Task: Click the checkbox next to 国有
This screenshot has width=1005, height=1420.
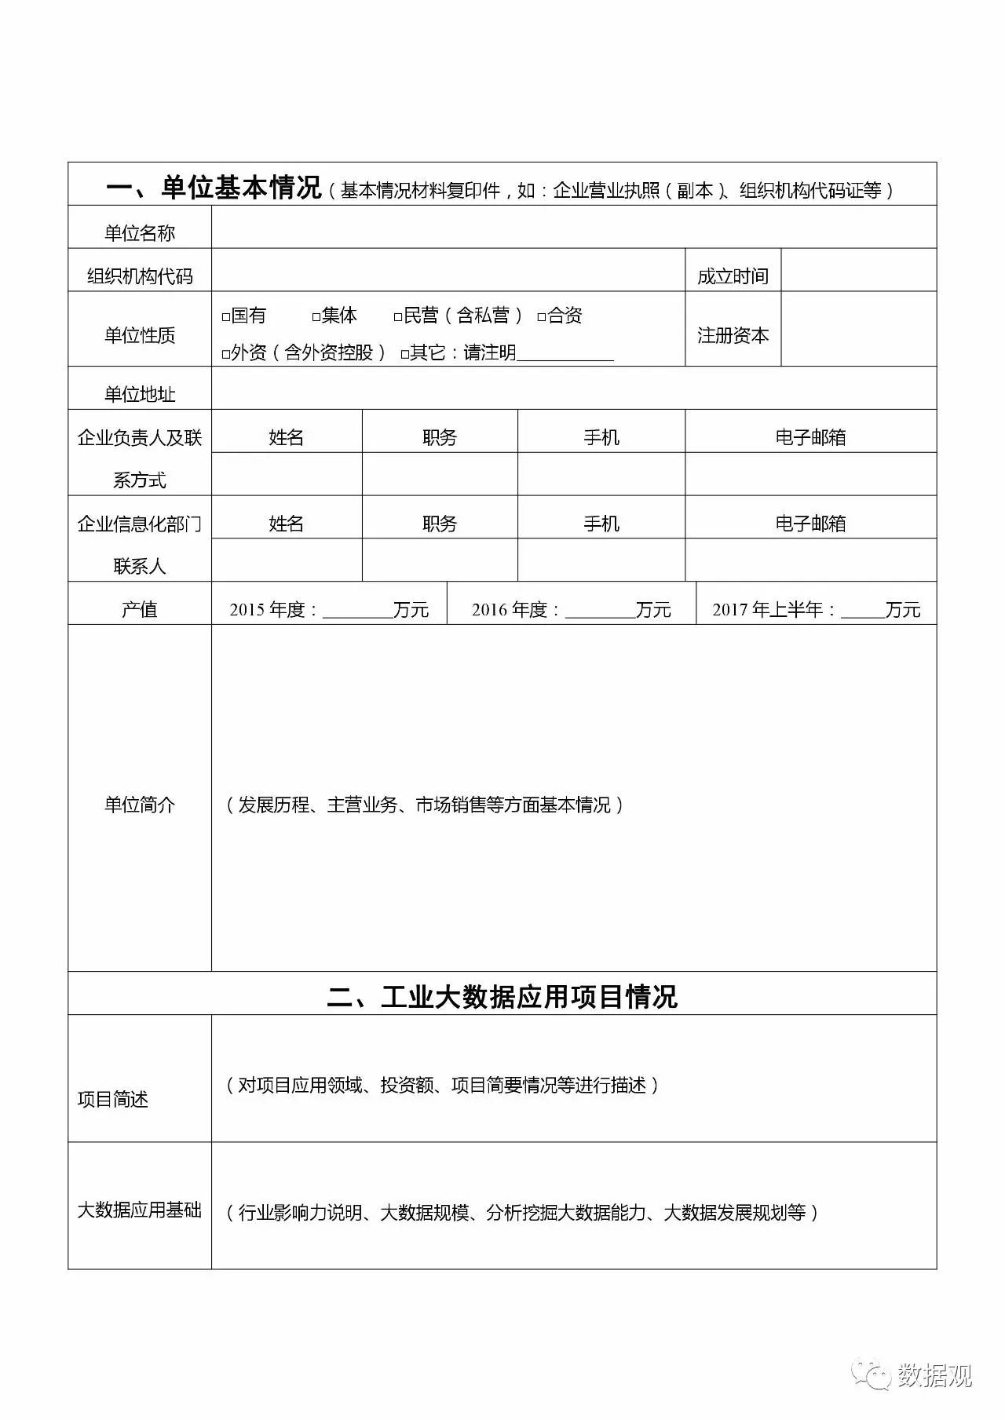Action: [226, 317]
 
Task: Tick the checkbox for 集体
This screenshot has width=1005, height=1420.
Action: [316, 317]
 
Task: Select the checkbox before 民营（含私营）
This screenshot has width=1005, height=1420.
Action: [398, 317]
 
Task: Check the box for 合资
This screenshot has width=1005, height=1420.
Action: [542, 317]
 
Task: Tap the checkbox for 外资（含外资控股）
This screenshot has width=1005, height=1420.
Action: [226, 355]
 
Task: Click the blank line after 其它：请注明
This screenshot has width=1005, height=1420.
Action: [565, 355]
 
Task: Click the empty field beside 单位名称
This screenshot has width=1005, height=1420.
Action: [573, 228]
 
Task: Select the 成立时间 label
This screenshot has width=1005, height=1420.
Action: [733, 276]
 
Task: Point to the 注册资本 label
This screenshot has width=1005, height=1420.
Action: [733, 336]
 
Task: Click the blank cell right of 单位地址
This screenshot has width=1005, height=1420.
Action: [573, 389]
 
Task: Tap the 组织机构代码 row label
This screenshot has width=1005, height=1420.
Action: [140, 276]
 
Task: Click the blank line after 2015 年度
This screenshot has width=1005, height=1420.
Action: [357, 611]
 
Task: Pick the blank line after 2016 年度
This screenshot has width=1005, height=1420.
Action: [600, 611]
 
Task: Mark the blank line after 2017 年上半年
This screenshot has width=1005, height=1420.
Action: [862, 611]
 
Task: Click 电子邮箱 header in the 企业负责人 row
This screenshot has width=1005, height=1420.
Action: [810, 437]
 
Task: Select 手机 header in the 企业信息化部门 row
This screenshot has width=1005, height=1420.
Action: [601, 524]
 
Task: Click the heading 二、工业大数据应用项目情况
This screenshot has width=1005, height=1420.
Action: [502, 997]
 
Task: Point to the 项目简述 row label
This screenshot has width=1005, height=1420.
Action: [113, 1099]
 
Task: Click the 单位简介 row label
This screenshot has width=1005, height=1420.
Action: [140, 805]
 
